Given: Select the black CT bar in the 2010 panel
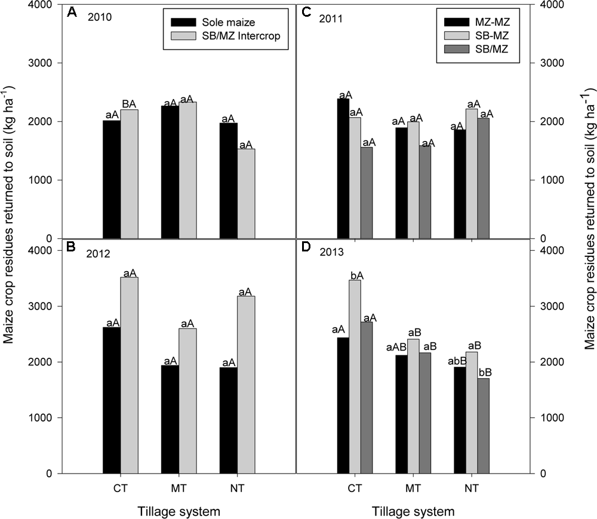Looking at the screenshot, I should coord(112,179).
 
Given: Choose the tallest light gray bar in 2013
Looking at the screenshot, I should coord(355,376).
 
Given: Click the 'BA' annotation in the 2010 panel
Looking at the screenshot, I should coord(130,104).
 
